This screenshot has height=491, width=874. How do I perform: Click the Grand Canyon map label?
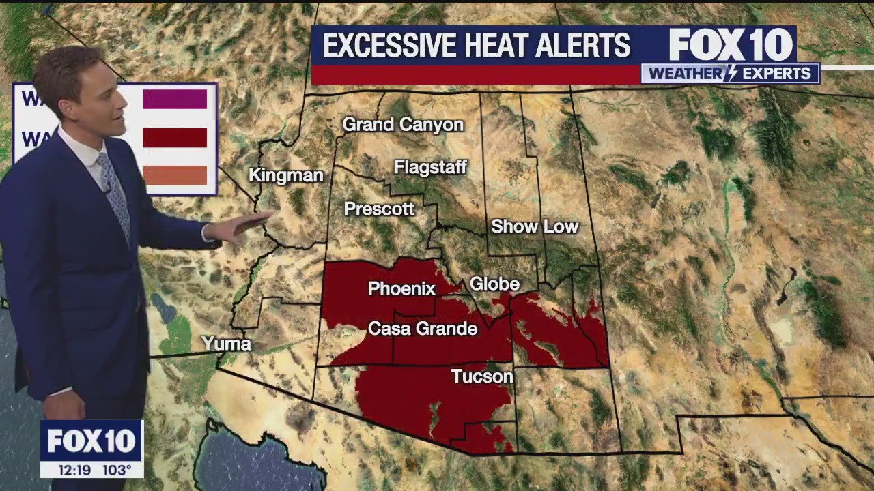click(x=403, y=125)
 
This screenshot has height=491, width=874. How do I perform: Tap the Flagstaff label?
click(x=430, y=167)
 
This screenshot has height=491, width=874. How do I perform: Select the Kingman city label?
click(x=285, y=175)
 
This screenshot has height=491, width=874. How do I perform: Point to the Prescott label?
click(x=379, y=209)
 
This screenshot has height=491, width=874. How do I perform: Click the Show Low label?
click(x=535, y=226)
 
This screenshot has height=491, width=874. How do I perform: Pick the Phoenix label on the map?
click(x=401, y=289)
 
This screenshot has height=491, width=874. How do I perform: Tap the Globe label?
click(x=495, y=284)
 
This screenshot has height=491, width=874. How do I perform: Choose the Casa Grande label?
click(x=423, y=329)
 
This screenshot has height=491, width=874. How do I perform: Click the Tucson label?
click(x=482, y=376)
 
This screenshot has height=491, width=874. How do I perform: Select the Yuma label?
click(x=226, y=344)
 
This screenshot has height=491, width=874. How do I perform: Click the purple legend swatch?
click(x=175, y=100)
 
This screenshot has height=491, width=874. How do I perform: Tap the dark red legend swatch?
click(x=175, y=138)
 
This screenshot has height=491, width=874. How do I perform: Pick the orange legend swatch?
click(x=175, y=175)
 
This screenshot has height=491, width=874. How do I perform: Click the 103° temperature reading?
click(x=117, y=470)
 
